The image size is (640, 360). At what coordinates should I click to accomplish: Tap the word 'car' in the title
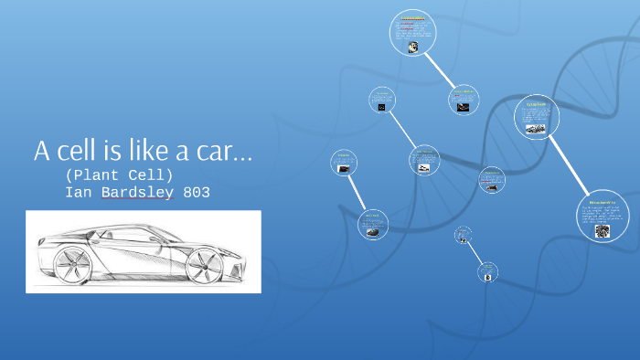(216, 151)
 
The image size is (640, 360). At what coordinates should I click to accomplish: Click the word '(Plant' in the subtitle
(91, 174)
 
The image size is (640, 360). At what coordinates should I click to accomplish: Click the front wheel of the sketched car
(204, 266)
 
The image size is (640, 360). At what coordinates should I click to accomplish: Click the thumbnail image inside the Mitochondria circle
(603, 231)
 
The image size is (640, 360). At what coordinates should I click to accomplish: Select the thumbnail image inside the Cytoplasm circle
(536, 129)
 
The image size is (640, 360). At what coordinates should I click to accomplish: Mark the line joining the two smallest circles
(475, 253)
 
